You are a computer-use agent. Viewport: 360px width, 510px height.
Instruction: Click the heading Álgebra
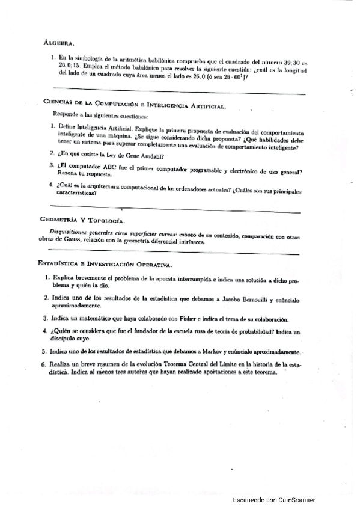[x=59, y=43]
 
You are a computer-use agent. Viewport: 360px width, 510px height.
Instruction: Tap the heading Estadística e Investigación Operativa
[x=105, y=264]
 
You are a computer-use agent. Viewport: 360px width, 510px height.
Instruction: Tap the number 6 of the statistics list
[x=44, y=364]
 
